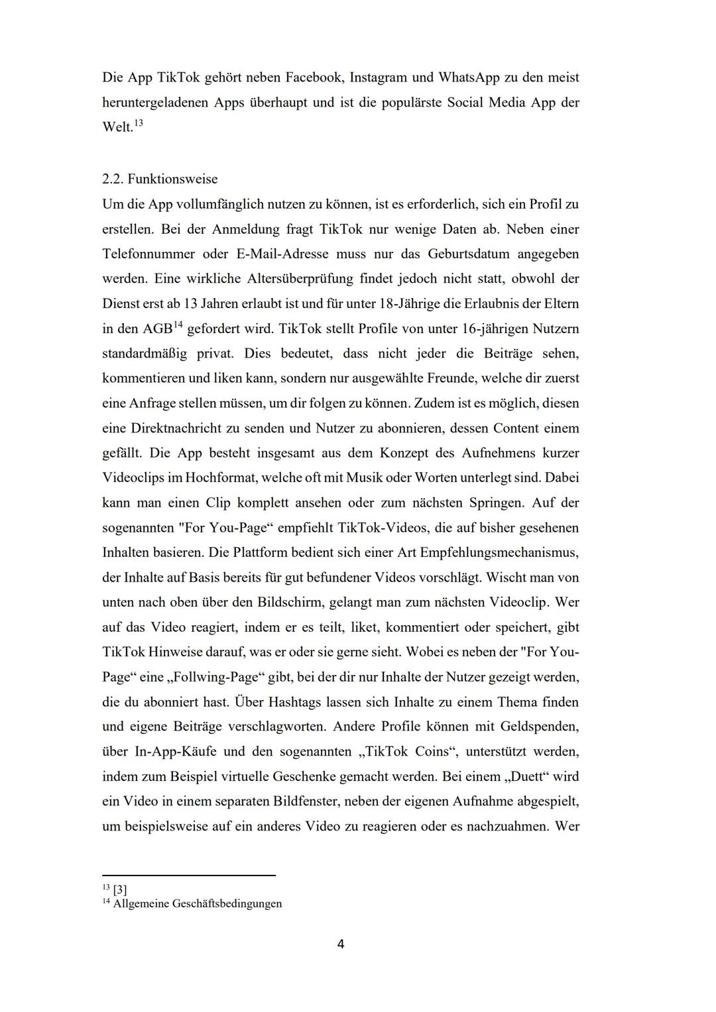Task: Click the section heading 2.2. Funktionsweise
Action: click(160, 179)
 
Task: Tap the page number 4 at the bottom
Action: click(341, 944)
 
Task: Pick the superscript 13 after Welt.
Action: click(138, 123)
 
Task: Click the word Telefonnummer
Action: click(149, 254)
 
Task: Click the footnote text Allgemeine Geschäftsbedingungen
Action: click(198, 903)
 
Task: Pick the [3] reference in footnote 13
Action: click(120, 889)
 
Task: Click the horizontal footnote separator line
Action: click(188, 875)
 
